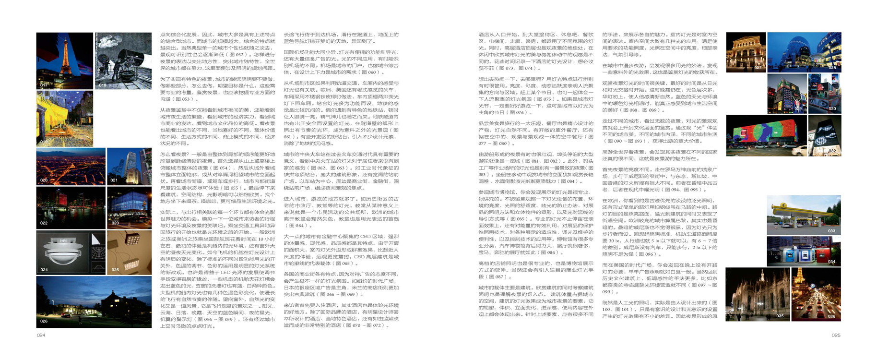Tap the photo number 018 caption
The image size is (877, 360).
point(103,85)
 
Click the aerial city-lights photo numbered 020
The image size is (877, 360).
point(71,166)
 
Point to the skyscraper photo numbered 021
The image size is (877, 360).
point(129,166)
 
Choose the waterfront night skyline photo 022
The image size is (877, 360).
point(71,207)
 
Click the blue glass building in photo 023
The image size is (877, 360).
point(129,207)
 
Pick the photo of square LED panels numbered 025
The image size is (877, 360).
point(129,252)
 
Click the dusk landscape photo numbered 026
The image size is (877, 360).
point(94,301)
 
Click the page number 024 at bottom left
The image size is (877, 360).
point(41,336)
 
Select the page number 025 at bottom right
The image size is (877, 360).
point(836,336)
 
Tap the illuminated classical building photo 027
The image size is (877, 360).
point(746,52)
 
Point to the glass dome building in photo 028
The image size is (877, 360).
point(804,52)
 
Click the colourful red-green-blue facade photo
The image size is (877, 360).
point(766,136)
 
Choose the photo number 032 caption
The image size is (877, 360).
point(832,151)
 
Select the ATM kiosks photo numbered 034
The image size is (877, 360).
point(804,251)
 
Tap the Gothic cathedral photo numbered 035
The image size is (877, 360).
point(757,294)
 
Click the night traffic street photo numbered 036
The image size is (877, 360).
point(816,294)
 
